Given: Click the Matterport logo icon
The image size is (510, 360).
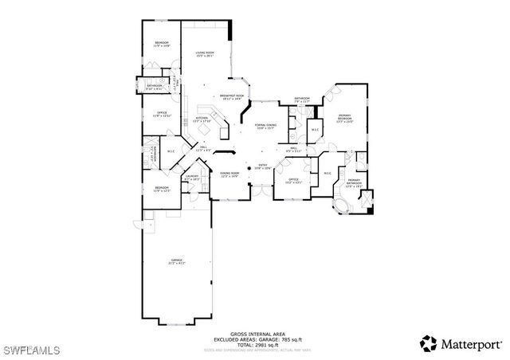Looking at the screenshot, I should click(429, 343).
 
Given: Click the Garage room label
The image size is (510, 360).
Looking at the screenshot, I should click(176, 262).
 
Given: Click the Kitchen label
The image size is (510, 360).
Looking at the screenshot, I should click(202, 120).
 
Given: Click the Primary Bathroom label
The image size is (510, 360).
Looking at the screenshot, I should click(354, 182).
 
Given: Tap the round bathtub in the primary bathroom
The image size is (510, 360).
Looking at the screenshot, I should click(343, 209).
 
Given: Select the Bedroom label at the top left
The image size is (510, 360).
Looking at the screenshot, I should click(161, 45).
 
